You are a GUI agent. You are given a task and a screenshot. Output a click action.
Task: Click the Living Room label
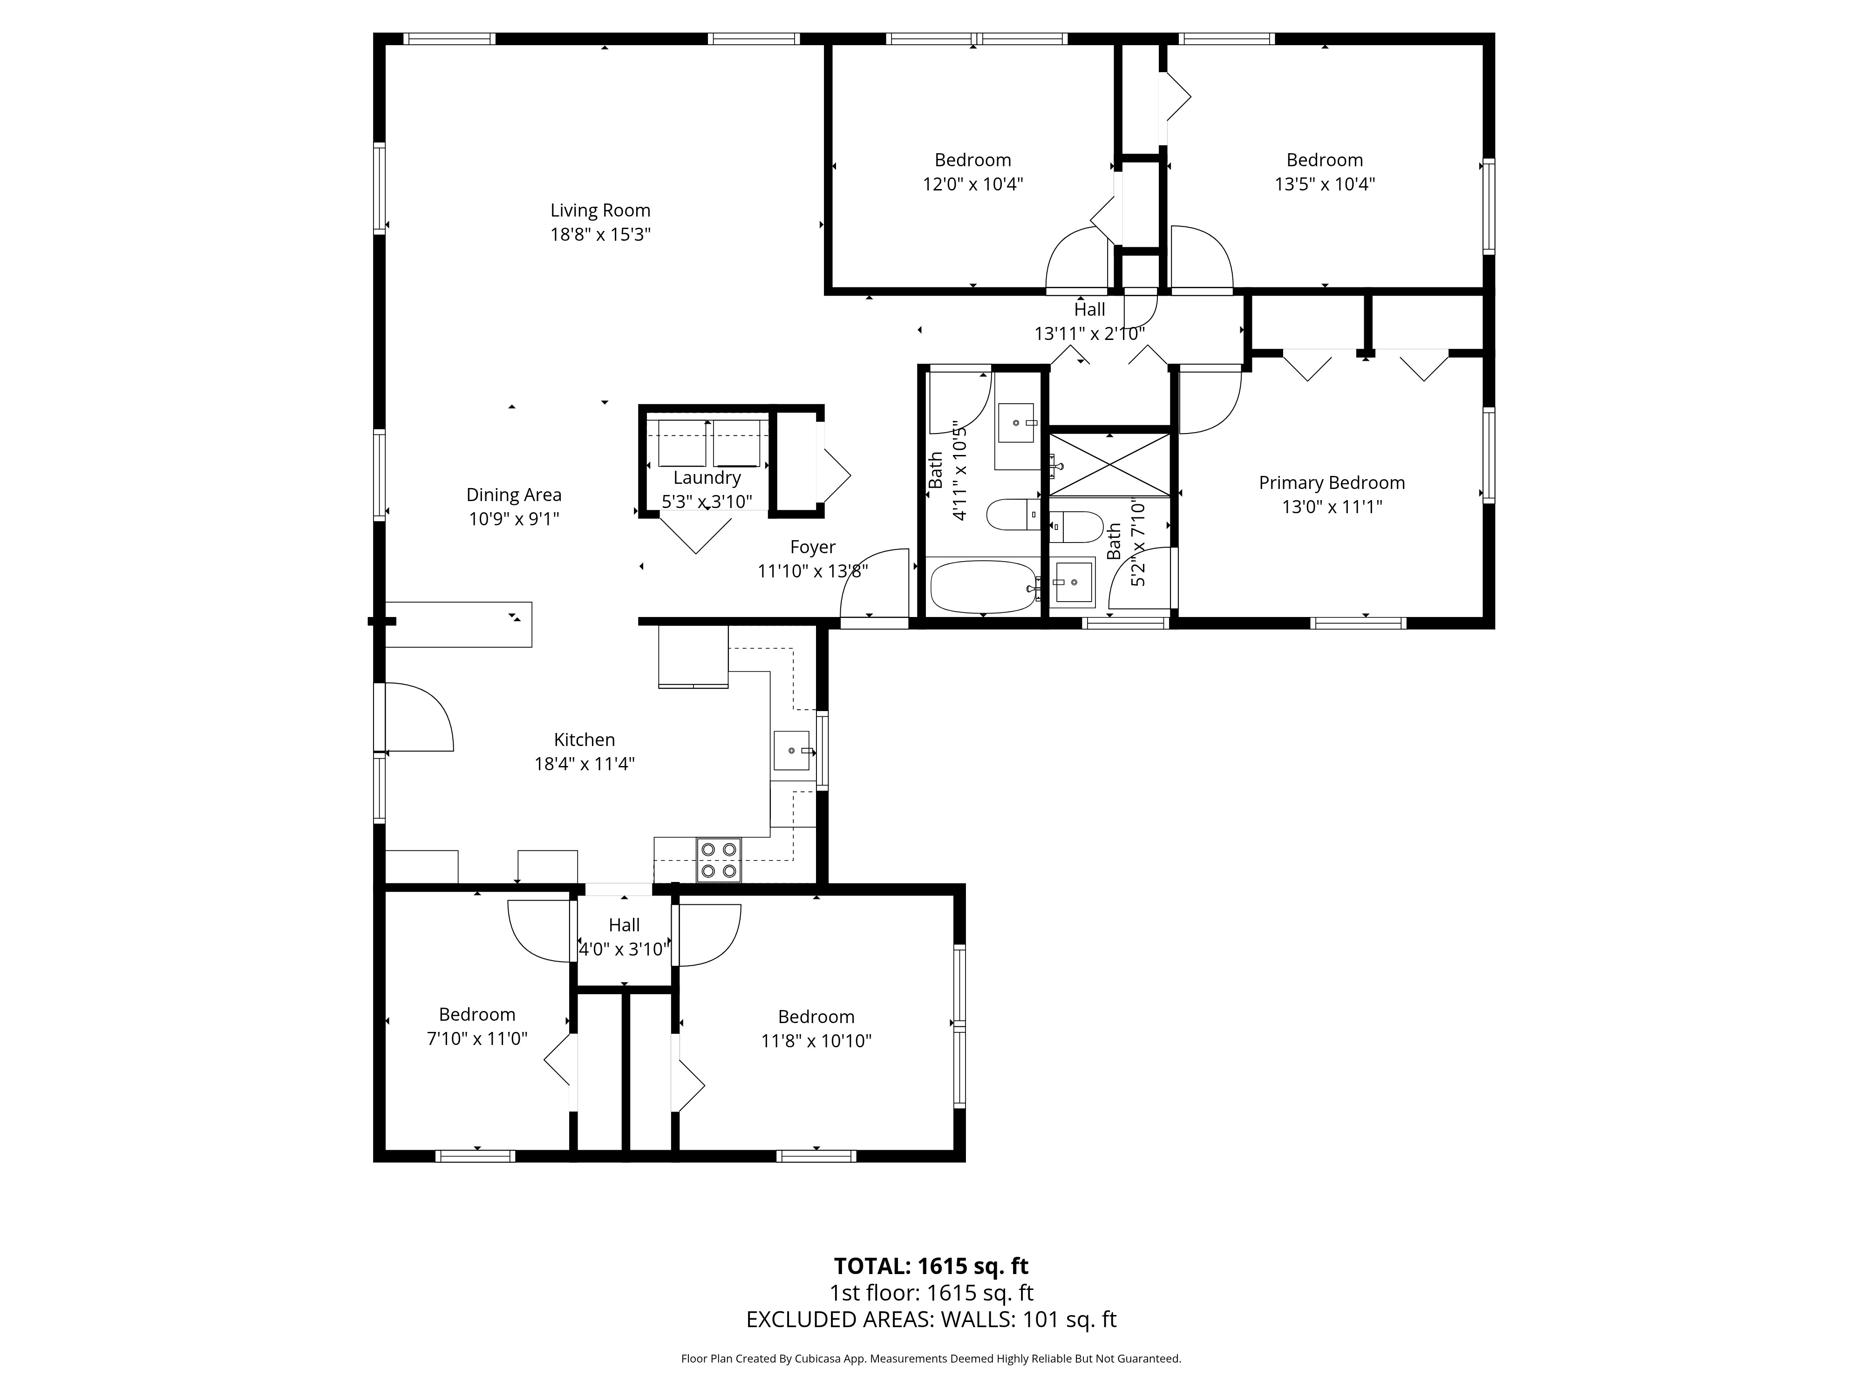coord(600,210)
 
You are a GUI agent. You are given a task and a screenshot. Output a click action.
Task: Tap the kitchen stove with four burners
coord(718,860)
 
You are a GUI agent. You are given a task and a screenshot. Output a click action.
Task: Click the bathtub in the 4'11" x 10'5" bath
coord(982,587)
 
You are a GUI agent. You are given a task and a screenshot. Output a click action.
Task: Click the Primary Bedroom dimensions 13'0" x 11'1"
coord(1332,507)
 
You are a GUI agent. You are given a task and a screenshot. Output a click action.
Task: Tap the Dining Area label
coord(514,495)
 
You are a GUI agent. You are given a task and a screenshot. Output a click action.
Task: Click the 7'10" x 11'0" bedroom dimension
coord(477,1038)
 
